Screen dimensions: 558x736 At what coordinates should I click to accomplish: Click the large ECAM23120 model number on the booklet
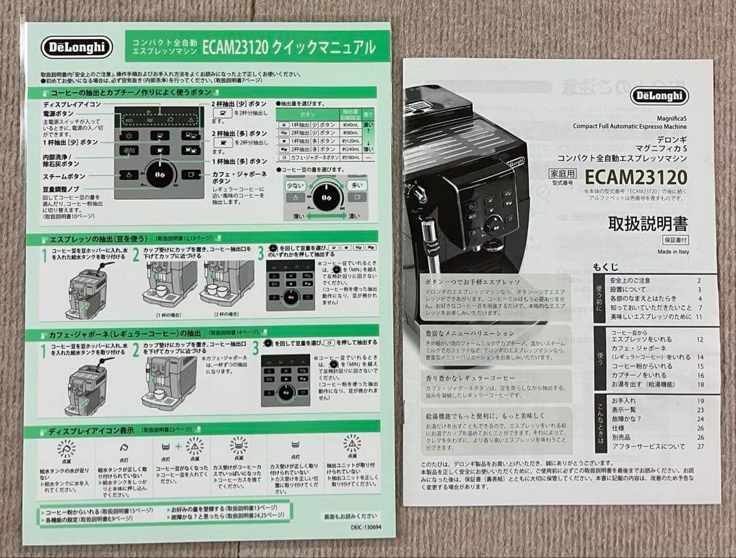pyautogui.click(x=636, y=178)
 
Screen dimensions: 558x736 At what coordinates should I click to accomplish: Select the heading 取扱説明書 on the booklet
pyautogui.click(x=647, y=223)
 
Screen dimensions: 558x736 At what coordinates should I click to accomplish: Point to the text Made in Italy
pyautogui.click(x=673, y=251)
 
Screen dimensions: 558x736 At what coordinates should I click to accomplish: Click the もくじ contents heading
pyautogui.click(x=606, y=266)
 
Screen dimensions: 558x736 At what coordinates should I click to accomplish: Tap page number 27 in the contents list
pyautogui.click(x=700, y=447)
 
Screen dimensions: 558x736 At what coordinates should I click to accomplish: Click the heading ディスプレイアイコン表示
pyautogui.click(x=91, y=432)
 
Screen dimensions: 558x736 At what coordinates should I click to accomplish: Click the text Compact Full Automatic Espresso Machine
pyautogui.click(x=630, y=126)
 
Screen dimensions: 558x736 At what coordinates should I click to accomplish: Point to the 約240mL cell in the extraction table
pyautogui.click(x=350, y=148)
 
